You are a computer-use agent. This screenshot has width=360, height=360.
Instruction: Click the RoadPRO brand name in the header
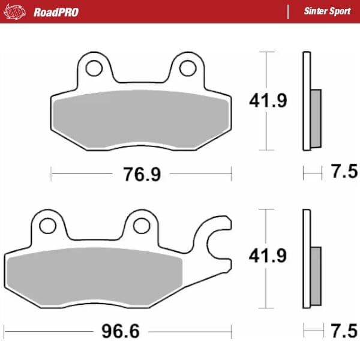[56, 12]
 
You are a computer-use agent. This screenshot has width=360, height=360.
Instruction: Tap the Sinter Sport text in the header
[327, 11]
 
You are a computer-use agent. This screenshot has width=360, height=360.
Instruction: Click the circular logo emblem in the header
[14, 12]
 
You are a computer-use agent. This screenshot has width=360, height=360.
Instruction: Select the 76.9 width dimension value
[142, 174]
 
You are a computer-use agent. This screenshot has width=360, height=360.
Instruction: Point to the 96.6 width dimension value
[121, 331]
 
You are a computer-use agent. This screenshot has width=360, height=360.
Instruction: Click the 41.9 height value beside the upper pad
[268, 101]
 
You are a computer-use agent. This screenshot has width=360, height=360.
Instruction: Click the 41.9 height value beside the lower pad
[268, 256]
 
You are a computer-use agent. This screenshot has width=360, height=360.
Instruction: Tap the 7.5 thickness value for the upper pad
[344, 171]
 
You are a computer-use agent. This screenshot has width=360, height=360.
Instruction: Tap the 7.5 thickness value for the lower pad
[344, 331]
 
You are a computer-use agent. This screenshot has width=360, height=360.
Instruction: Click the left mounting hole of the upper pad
[94, 68]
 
